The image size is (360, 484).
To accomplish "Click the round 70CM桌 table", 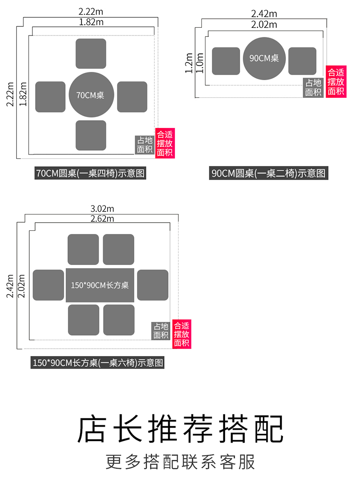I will [90, 95].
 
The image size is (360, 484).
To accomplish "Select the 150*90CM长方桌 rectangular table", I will [100, 285].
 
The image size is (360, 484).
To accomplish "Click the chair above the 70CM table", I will [91, 54].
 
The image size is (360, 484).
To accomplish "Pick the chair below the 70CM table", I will [91, 135].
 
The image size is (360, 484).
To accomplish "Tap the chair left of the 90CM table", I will [226, 61].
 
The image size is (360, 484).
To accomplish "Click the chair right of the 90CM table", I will [302, 61].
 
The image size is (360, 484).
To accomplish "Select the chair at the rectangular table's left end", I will [48, 285].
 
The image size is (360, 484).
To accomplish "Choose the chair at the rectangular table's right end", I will [153, 285].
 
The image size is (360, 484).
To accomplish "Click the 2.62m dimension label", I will [102, 219].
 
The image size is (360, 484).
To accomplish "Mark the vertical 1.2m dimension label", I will [189, 62].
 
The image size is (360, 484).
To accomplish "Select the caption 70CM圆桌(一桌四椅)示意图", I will [91, 173].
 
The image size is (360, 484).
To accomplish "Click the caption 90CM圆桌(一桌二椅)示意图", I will [269, 173].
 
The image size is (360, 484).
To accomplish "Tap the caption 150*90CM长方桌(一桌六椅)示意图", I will [98, 363].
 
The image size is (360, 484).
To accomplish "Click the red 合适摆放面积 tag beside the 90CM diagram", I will [336, 82].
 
